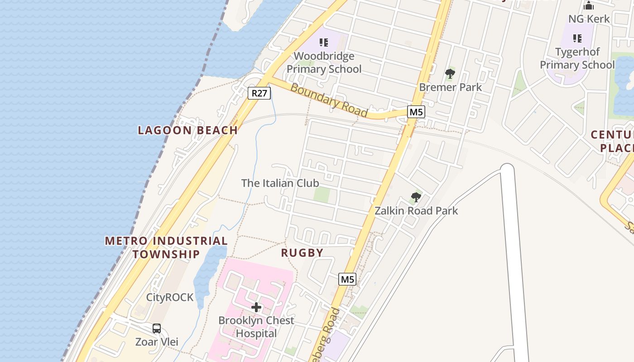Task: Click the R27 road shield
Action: [x=259, y=93]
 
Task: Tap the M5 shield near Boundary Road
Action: [x=416, y=112]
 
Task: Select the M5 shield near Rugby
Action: [x=347, y=279]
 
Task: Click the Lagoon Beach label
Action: [x=188, y=130]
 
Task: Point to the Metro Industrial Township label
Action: [x=166, y=247]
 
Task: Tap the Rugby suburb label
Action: [x=302, y=252]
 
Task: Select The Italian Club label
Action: [x=280, y=183]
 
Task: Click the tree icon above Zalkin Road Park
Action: [x=416, y=197]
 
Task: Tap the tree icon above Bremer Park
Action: [x=450, y=73]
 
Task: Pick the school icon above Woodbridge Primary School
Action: [x=324, y=43]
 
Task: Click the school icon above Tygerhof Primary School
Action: [x=577, y=38]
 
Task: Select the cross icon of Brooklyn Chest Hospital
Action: [x=256, y=308]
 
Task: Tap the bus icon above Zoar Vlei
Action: [x=157, y=329]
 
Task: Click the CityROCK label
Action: [x=170, y=297]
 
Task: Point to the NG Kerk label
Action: [x=589, y=19]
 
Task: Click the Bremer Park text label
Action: [x=451, y=87]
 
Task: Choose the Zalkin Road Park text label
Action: [x=416, y=211]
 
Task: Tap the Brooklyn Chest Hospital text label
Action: [x=256, y=327]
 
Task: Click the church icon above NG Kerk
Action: [x=589, y=5]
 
